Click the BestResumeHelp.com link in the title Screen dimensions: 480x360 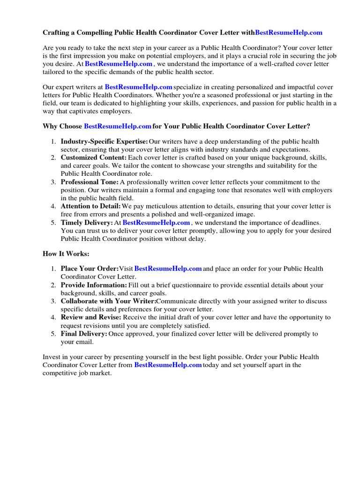click(x=289, y=32)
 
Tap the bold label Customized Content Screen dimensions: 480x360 click(x=93, y=157)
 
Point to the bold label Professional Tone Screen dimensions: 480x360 click(x=89, y=182)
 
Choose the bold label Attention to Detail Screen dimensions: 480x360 click(x=90, y=206)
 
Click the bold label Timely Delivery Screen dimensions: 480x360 click(x=87, y=223)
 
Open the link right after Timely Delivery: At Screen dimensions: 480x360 click(x=156, y=223)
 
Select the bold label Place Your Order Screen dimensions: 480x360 click(x=89, y=269)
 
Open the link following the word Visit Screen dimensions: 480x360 click(x=168, y=269)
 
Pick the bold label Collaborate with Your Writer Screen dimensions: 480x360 click(x=108, y=301)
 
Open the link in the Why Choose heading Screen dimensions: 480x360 click(x=117, y=126)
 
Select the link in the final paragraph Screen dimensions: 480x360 click(x=168, y=365)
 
